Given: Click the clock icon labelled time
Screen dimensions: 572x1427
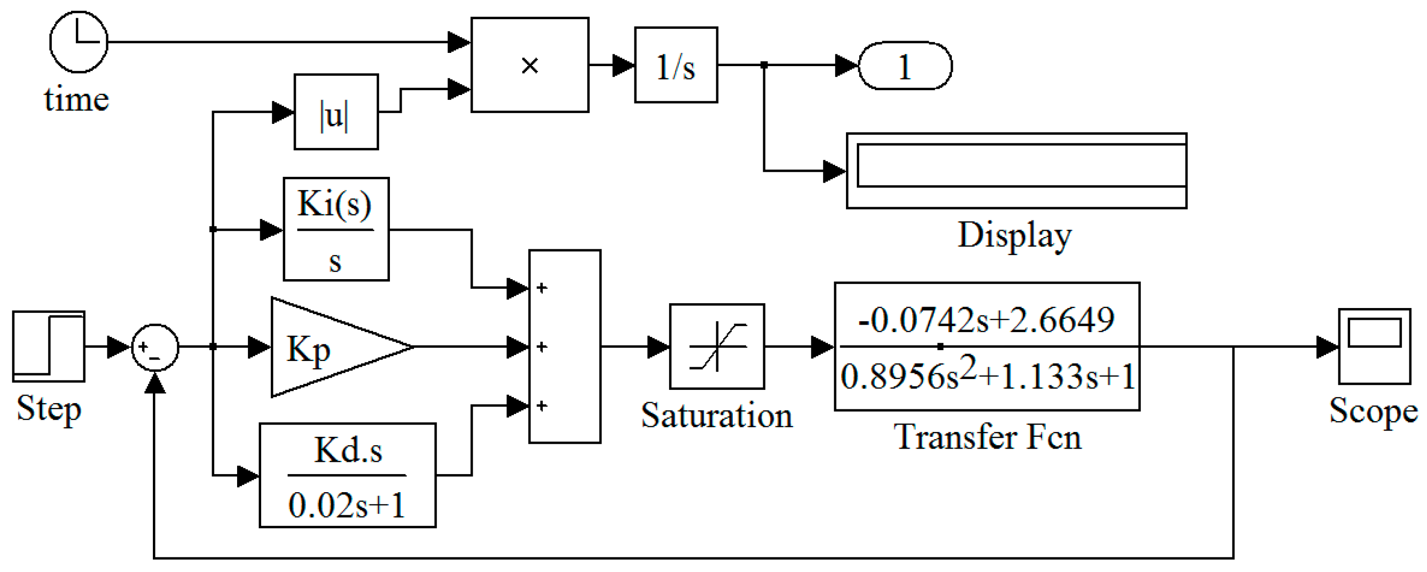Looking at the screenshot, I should coord(79,42).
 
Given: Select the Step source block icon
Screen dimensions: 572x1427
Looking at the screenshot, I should coord(49,346).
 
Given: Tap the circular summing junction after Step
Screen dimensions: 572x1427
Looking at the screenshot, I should coord(155,347).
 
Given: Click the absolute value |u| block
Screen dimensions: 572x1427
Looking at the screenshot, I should coord(336,112).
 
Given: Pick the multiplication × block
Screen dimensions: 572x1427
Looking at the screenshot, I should coord(530,65).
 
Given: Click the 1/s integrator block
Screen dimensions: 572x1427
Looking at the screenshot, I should coord(676,65).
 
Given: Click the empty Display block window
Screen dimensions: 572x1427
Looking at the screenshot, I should coord(1016,170).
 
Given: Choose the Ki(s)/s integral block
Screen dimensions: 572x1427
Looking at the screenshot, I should coord(336,229).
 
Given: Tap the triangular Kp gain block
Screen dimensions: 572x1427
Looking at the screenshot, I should coord(327,348).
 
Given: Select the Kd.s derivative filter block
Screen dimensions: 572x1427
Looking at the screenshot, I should coord(347,475).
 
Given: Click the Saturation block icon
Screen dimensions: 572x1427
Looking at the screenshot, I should coord(717,347).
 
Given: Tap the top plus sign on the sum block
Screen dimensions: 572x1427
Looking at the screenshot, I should coord(542,288).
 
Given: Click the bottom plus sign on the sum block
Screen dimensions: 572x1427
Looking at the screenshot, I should coord(542,406).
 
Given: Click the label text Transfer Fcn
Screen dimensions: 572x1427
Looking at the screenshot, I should coord(987,437).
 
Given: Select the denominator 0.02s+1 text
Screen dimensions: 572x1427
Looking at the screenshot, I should coord(346,505).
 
